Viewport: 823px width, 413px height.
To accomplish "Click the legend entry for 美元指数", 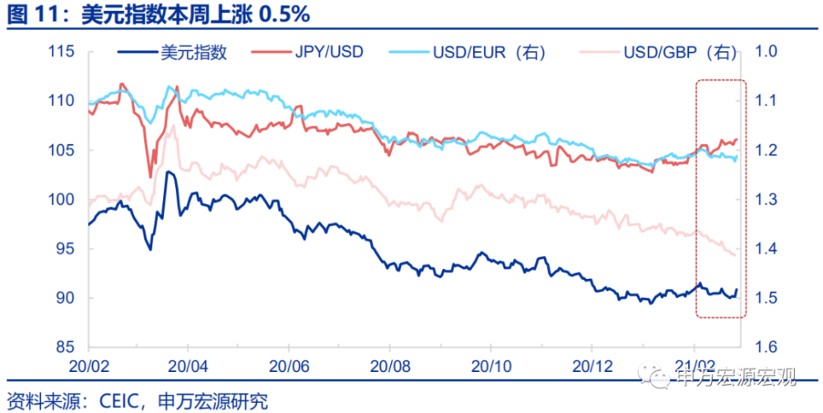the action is pyautogui.click(x=173, y=53).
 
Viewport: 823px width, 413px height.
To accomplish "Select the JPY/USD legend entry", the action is pyautogui.click(x=307, y=53).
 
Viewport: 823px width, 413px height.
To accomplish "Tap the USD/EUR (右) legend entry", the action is pyautogui.click(x=467, y=53).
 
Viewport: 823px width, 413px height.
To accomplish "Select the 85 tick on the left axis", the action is pyautogui.click(x=64, y=347).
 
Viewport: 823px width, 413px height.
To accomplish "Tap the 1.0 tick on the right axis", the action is pyautogui.click(x=765, y=52).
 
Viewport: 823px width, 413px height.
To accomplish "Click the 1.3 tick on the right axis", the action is pyautogui.click(x=765, y=200).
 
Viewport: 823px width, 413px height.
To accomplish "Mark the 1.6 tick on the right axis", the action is pyautogui.click(x=765, y=347).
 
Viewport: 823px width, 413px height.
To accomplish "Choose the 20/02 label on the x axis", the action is pyautogui.click(x=89, y=366).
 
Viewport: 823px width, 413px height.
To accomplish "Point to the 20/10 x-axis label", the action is pyautogui.click(x=491, y=366).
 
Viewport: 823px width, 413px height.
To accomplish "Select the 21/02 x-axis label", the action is pyautogui.click(x=694, y=366).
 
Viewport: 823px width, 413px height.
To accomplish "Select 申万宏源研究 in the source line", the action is pyautogui.click(x=213, y=402).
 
